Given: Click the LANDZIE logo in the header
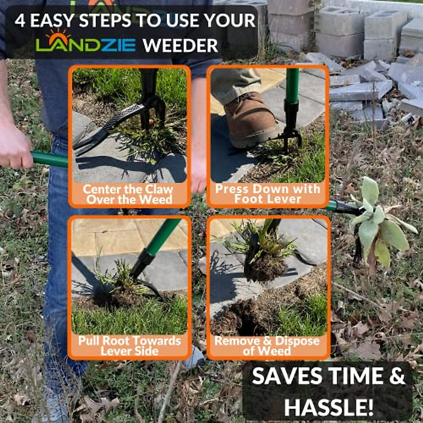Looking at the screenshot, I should click(86, 44).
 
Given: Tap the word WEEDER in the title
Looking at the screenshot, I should click(180, 45).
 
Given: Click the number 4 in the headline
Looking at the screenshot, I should click(20, 21).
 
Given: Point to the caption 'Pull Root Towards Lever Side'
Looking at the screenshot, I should click(129, 345).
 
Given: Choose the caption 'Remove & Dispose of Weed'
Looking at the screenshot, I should click(267, 345).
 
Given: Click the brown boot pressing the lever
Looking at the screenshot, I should click(251, 120).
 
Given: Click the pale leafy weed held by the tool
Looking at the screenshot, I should click(377, 226).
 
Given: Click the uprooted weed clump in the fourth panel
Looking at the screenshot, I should click(264, 254).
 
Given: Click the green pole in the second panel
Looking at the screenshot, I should click(292, 85).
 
